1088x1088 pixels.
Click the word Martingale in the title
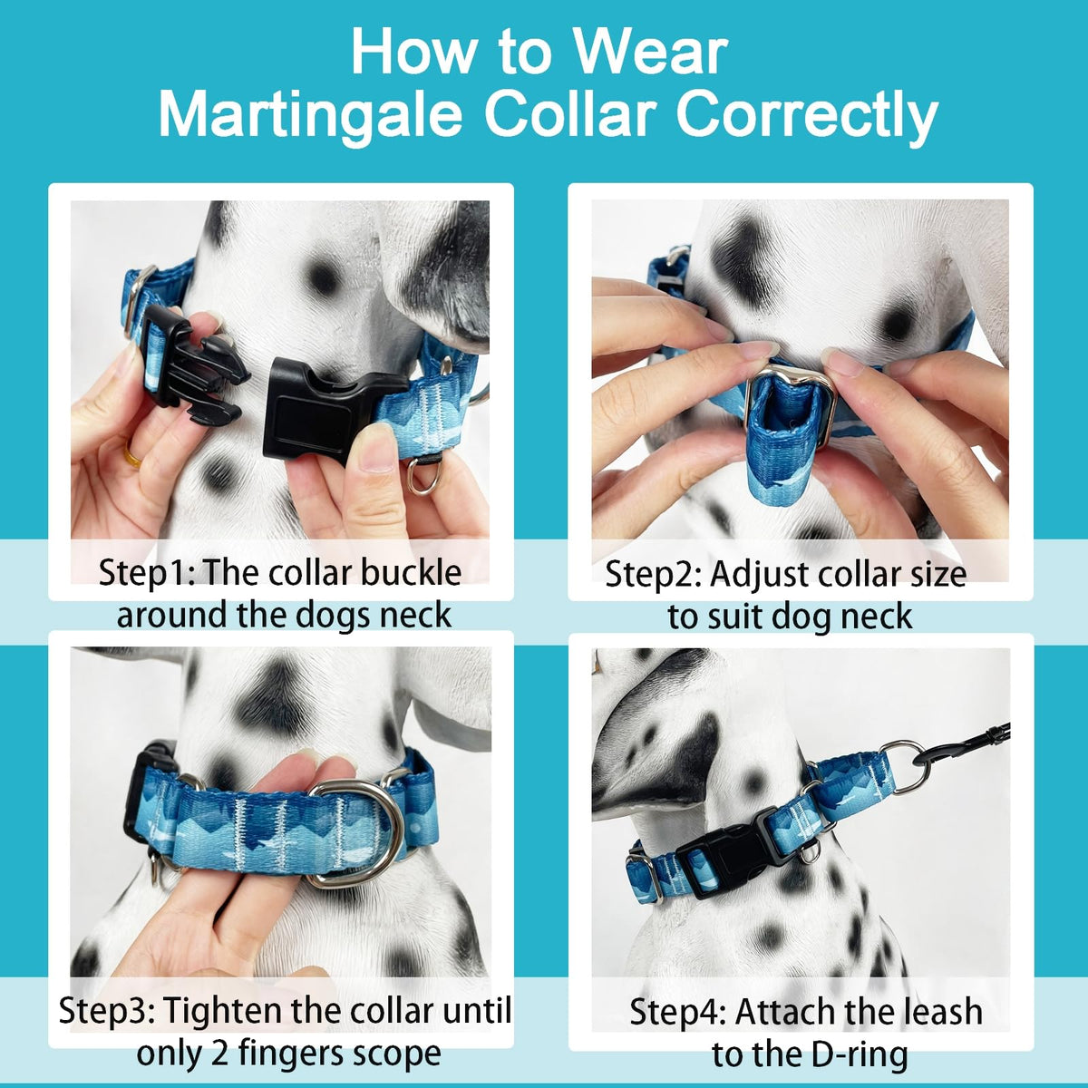(x=311, y=117)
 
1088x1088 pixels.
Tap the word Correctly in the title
(x=807, y=117)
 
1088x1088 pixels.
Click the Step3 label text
(x=107, y=1011)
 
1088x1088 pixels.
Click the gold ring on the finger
(x=132, y=454)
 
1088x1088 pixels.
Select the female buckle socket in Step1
(x=330, y=410)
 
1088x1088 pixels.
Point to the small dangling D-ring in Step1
(x=425, y=475)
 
